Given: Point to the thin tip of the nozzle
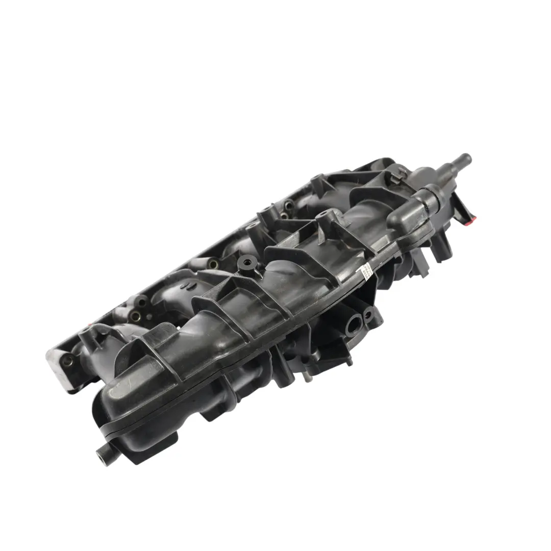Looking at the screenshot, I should click(x=466, y=158).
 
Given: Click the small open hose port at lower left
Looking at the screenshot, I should click(x=102, y=451).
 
